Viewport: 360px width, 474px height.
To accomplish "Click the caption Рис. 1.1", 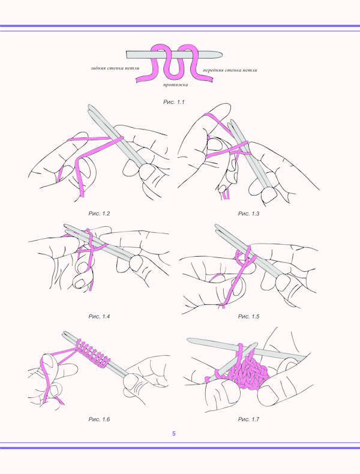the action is pyautogui.click(x=173, y=102).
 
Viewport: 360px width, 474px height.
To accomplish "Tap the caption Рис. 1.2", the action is pyautogui.click(x=99, y=214).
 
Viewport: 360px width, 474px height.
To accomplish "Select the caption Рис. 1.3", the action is pyautogui.click(x=248, y=214).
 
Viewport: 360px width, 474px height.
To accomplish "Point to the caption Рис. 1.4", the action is pyautogui.click(x=99, y=317).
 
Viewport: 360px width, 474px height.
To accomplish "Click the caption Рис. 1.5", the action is pyautogui.click(x=248, y=317).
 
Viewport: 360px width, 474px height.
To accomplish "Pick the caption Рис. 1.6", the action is pyautogui.click(x=99, y=419).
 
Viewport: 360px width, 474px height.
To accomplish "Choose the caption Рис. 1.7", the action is pyautogui.click(x=248, y=419).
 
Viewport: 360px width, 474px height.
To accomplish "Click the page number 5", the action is pyautogui.click(x=174, y=433).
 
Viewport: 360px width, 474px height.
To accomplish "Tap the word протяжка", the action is pyautogui.click(x=176, y=85).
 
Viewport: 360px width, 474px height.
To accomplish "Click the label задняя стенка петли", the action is pyautogui.click(x=115, y=68).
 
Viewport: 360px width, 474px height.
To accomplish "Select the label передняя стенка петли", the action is pyautogui.click(x=230, y=70).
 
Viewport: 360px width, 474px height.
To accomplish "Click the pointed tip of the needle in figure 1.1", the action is pyautogui.click(x=221, y=55).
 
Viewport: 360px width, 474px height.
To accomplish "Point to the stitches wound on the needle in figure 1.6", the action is pyautogui.click(x=92, y=353).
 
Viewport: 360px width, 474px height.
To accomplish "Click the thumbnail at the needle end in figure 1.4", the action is pyautogui.click(x=136, y=263).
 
